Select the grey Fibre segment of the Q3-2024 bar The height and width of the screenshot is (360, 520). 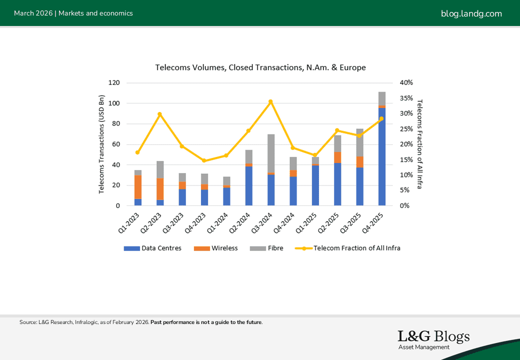(x=271, y=153)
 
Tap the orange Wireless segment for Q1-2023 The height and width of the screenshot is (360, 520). (x=138, y=187)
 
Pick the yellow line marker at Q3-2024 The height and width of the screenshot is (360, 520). (x=270, y=101)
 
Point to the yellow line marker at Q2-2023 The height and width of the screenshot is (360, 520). (x=159, y=114)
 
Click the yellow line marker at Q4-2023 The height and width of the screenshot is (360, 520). (x=204, y=160)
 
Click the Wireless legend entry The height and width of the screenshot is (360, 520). (x=219, y=248)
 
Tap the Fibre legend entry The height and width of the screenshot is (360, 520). (x=270, y=248)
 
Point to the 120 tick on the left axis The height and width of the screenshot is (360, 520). (x=114, y=83)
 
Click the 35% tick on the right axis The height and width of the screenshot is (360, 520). (x=406, y=98)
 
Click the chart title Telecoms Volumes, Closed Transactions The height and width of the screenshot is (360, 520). (x=260, y=67)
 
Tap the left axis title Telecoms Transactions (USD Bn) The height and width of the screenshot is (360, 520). (x=101, y=144)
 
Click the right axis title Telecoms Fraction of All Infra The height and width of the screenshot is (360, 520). (x=419, y=144)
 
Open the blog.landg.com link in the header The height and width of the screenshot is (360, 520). (x=471, y=13)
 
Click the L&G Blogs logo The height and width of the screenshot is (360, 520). (x=433, y=339)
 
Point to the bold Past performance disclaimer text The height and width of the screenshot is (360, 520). (x=206, y=322)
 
